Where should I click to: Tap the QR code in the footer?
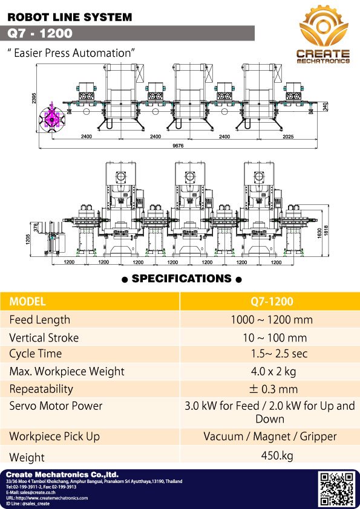pyautogui.click(x=336, y=488)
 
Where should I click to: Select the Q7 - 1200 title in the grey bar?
pyautogui.click(x=41, y=33)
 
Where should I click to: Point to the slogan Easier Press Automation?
pyautogui.click(x=70, y=53)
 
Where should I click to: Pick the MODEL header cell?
pyautogui.click(x=28, y=301)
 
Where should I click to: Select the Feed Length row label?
pyautogui.click(x=40, y=320)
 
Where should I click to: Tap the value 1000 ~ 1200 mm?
pyautogui.click(x=270, y=320)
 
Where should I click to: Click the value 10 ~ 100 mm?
pyautogui.click(x=270, y=337)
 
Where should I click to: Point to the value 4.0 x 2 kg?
pyautogui.click(x=270, y=371)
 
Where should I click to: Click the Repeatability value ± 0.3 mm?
pyautogui.click(x=270, y=389)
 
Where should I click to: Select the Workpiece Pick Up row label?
pyautogui.click(x=54, y=436)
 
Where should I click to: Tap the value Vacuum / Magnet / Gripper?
pyautogui.click(x=270, y=436)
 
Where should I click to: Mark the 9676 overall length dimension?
pyautogui.click(x=178, y=145)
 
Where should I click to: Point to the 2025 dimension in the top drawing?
pyautogui.click(x=287, y=137)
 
